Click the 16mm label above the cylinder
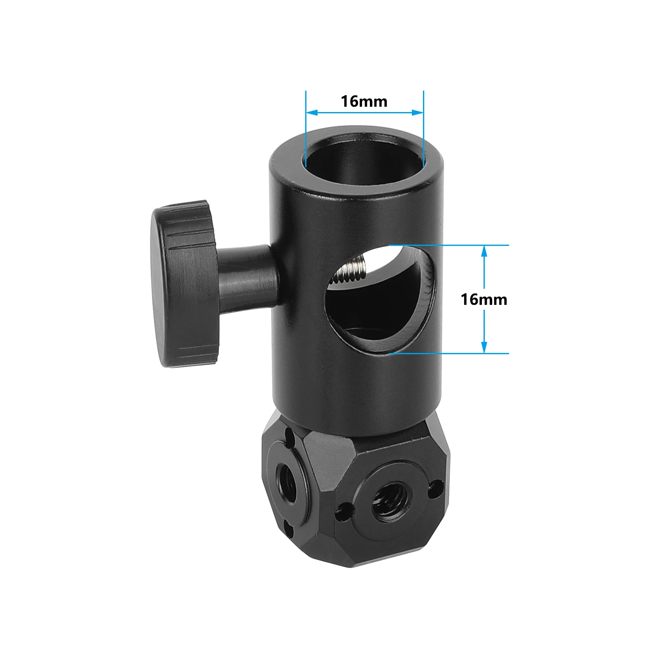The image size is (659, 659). [x=364, y=101]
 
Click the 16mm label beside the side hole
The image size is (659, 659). [x=484, y=299]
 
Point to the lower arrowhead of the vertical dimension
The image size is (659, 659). [x=484, y=347]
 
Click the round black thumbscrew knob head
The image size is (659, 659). [x=185, y=284]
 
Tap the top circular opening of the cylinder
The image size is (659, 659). [x=365, y=154]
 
